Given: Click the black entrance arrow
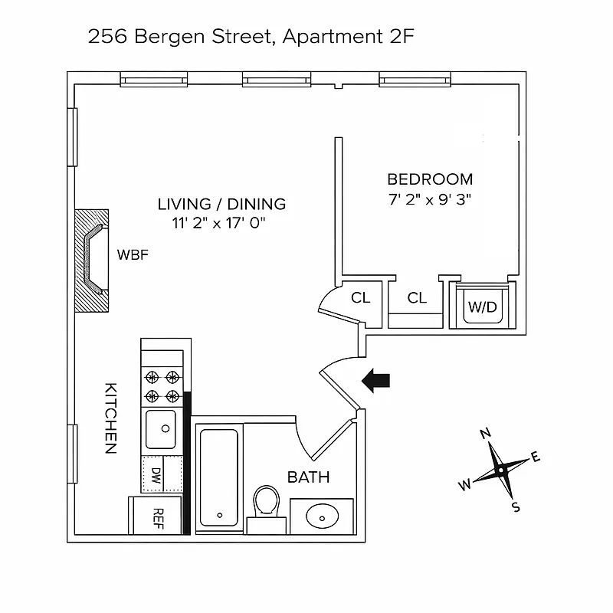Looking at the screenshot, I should tap(376, 380).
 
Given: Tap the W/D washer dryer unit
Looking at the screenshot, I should tap(483, 307).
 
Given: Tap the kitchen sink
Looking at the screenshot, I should tap(161, 428).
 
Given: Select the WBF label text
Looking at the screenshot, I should tap(132, 255).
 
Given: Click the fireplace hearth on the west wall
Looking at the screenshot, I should tap(93, 260).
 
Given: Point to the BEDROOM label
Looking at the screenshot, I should tap(430, 179).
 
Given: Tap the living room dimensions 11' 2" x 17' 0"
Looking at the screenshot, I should tap(221, 224).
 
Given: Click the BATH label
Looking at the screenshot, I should tap(308, 477).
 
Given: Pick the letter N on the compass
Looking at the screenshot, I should tap(484, 434).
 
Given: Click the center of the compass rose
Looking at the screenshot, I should tap(500, 469).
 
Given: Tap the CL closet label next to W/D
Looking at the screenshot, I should tap(417, 298).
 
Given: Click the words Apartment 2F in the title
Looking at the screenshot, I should tap(349, 36).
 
